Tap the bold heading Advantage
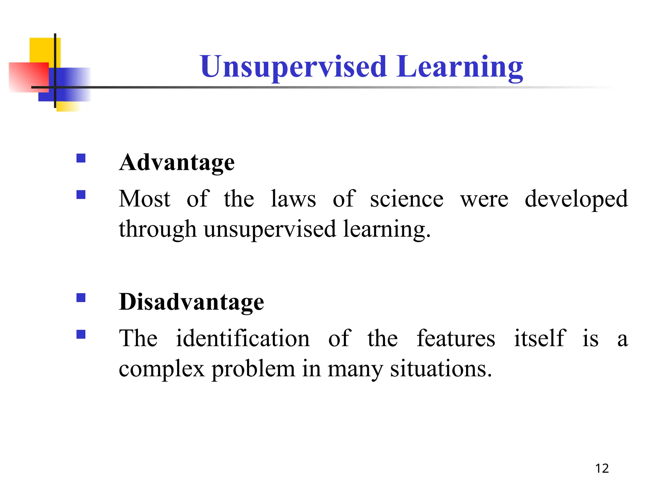point(177,163)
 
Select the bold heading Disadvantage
point(191,302)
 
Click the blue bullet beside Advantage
point(81,158)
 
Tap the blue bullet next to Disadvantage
point(81,298)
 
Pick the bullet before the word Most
point(81,194)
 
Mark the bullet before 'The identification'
point(81,334)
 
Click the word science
point(407,199)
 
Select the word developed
point(576,199)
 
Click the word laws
point(293,199)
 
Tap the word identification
point(243,339)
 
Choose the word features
point(456,339)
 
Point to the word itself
point(540,339)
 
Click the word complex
point(161,370)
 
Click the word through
point(157,230)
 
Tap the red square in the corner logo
point(28,77)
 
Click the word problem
point(253,370)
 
